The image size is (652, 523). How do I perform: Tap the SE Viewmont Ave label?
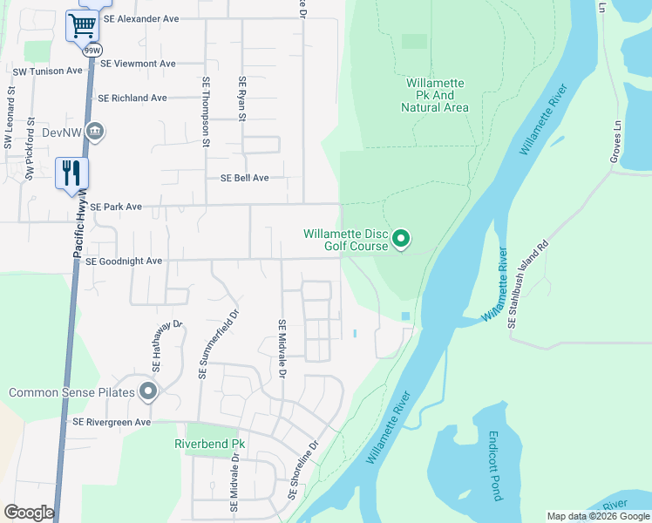point(138,64)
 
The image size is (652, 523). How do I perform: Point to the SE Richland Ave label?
point(132,98)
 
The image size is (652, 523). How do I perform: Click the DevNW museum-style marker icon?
point(96,132)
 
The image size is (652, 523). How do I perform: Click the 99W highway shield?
point(92,51)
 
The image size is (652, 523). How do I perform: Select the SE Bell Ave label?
point(244,178)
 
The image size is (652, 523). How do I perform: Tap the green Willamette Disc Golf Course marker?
point(401,238)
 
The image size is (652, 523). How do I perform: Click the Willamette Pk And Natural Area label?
point(435,95)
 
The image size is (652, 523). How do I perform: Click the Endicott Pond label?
point(493,465)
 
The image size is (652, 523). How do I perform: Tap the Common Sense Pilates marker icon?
point(148,392)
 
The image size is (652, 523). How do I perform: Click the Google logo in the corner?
point(29,513)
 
